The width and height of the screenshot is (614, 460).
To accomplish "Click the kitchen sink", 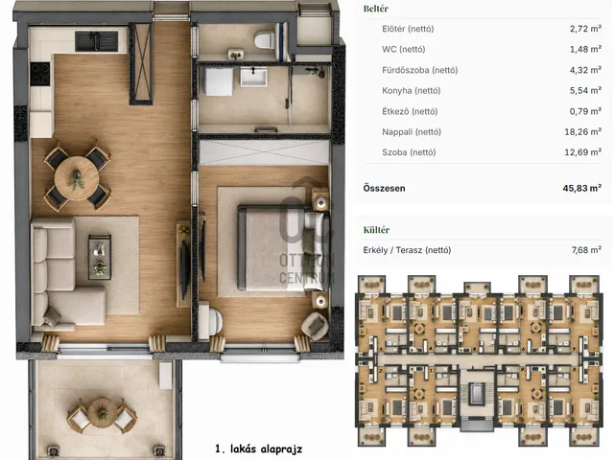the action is click(x=96, y=41).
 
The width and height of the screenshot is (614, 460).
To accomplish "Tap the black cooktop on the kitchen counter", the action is click(x=40, y=74).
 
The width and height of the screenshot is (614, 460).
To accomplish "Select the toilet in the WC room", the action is click(x=265, y=39).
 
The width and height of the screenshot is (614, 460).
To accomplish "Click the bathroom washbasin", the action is click(x=253, y=77).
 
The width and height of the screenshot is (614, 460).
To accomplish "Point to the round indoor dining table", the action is click(x=77, y=178).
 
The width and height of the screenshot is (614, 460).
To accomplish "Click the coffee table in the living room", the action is click(x=100, y=257).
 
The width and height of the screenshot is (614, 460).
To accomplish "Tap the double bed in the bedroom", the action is click(x=281, y=248).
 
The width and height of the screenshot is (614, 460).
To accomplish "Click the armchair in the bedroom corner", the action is click(x=316, y=326).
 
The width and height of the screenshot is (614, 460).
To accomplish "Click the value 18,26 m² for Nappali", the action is click(x=582, y=132).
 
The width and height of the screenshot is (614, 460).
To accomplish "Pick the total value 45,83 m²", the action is click(x=582, y=188).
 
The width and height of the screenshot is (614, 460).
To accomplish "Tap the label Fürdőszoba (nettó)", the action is click(x=420, y=70).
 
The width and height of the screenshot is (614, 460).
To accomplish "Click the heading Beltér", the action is click(x=375, y=9).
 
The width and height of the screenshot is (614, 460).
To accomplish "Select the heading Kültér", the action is click(x=376, y=230).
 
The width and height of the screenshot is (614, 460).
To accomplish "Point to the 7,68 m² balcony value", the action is click(x=586, y=250).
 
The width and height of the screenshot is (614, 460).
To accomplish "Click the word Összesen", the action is click(x=384, y=188).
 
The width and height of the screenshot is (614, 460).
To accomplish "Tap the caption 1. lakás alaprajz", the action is click(x=258, y=448).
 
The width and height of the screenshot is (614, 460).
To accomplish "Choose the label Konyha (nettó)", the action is click(x=412, y=91).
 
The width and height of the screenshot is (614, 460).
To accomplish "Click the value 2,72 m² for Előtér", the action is click(x=585, y=29).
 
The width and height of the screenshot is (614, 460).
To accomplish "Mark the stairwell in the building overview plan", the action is click(x=477, y=394).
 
